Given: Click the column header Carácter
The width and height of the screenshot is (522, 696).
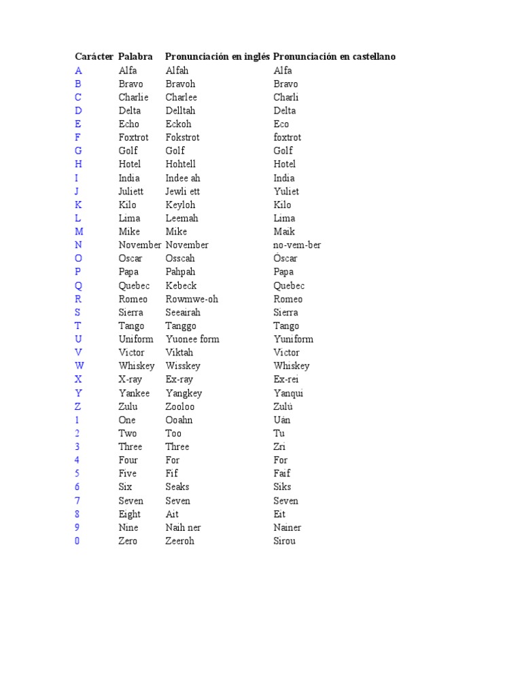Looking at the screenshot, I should coord(94,56).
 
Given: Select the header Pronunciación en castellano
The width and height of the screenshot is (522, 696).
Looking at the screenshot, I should coord(334,56).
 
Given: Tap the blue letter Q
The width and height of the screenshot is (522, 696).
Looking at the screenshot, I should coord(78,285).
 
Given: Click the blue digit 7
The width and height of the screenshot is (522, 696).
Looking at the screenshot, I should coord(77,501).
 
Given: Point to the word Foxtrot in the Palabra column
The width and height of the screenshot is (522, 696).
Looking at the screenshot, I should coord(133,137).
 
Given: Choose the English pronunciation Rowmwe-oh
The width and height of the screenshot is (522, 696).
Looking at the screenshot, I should coord(192,299).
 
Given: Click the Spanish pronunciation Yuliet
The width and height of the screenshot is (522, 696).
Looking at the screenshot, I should coord(286,192).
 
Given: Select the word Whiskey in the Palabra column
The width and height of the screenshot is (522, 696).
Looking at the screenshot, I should coord(137,366).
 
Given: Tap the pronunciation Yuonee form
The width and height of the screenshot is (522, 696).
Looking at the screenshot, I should coord(192,339).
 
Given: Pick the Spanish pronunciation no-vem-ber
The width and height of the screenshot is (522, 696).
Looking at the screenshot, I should coord(297,245).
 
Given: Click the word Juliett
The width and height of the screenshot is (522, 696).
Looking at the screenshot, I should coord(133,192).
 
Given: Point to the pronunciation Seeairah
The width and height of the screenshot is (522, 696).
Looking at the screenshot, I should coord(184,313).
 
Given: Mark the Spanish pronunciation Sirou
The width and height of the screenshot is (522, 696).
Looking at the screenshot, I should coord(285,541).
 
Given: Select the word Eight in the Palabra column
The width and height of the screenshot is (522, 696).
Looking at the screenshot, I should coord(130,515).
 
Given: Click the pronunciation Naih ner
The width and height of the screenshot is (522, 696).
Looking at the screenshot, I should coord(183,527).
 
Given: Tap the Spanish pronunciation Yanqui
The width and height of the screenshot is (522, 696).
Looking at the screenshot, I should coord(289,393).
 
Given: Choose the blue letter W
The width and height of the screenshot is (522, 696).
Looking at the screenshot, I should coord(79,366).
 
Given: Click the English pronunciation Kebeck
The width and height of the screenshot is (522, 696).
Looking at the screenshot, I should coord(181,285).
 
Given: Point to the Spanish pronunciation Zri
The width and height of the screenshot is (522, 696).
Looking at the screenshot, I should coord(279,447).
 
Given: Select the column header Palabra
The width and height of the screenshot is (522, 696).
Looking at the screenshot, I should coord(135,56).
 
